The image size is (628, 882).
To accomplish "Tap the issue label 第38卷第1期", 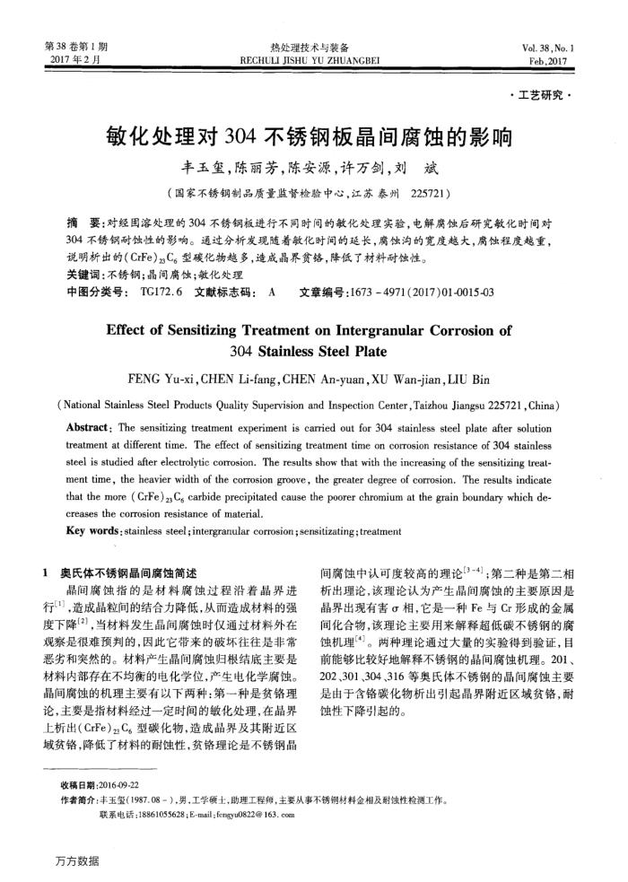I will [76, 47].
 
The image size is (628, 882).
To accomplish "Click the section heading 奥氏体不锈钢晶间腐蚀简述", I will [134, 572].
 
